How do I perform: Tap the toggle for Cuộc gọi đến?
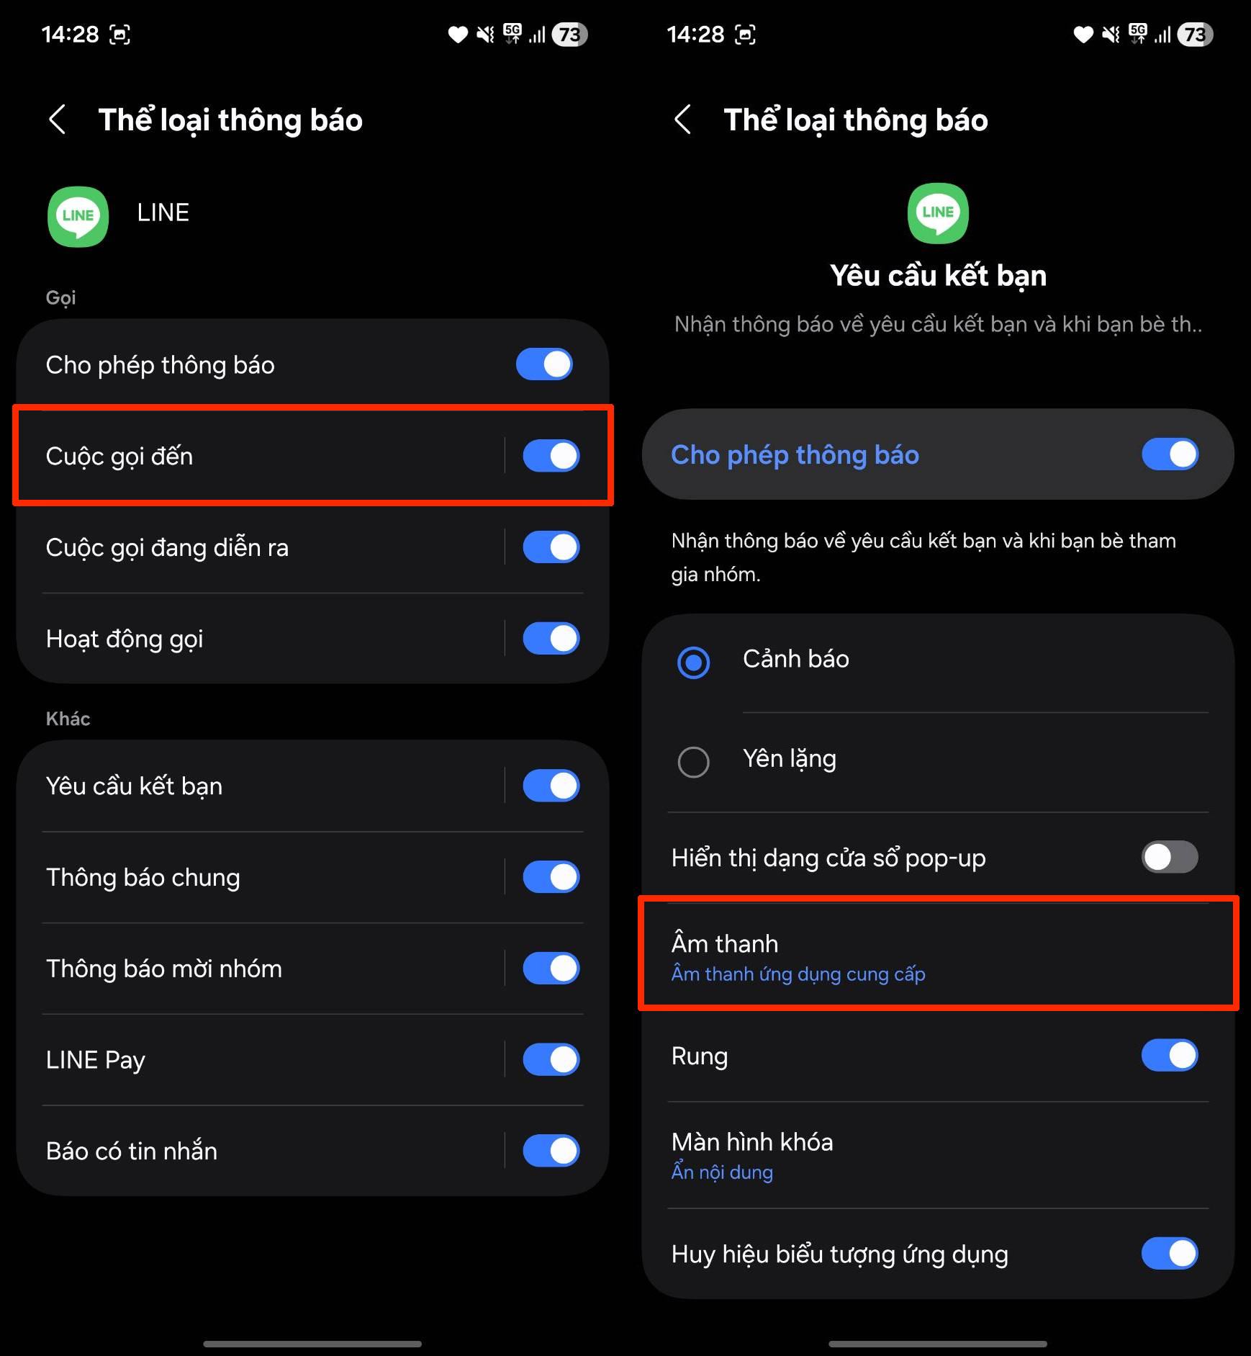(551, 456)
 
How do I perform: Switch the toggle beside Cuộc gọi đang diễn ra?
(551, 547)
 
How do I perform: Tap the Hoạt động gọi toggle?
(551, 639)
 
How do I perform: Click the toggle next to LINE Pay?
(551, 1060)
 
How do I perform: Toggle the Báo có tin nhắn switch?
(551, 1151)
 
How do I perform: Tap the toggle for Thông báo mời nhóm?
(551, 969)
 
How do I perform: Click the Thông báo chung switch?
(551, 877)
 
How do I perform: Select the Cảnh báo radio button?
(694, 663)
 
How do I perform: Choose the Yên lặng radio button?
(694, 761)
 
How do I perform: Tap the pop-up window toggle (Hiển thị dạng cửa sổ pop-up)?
(1170, 857)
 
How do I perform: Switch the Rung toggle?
(1170, 1056)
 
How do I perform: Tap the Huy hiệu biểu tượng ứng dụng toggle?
(1170, 1254)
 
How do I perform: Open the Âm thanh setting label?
(725, 943)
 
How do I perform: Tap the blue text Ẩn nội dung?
(722, 1172)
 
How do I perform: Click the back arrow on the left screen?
(58, 120)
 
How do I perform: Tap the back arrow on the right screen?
(683, 120)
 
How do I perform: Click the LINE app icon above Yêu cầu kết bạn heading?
(938, 213)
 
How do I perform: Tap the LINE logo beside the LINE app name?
(78, 216)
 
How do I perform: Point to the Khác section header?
(68, 719)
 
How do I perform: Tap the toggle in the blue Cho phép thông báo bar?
(1170, 454)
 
